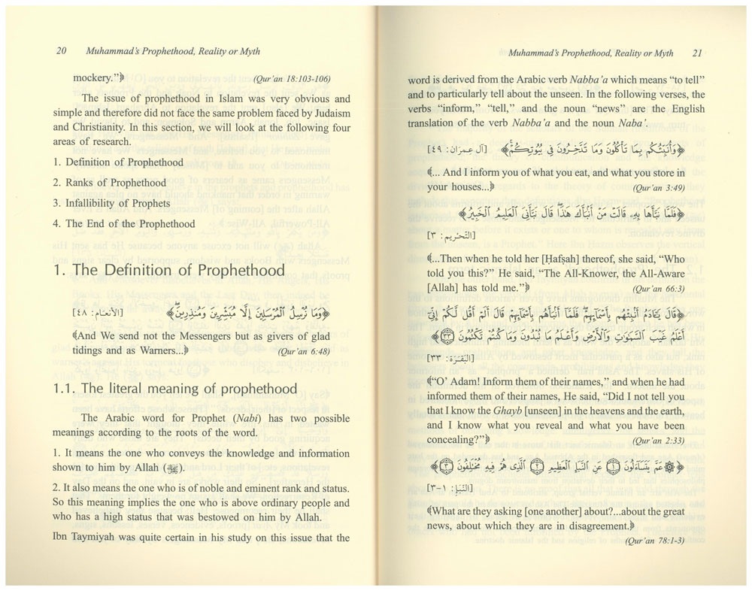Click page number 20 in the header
(62, 52)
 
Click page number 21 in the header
(697, 53)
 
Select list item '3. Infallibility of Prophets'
(112, 203)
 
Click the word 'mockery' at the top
(96, 77)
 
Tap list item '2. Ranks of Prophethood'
(110, 183)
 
